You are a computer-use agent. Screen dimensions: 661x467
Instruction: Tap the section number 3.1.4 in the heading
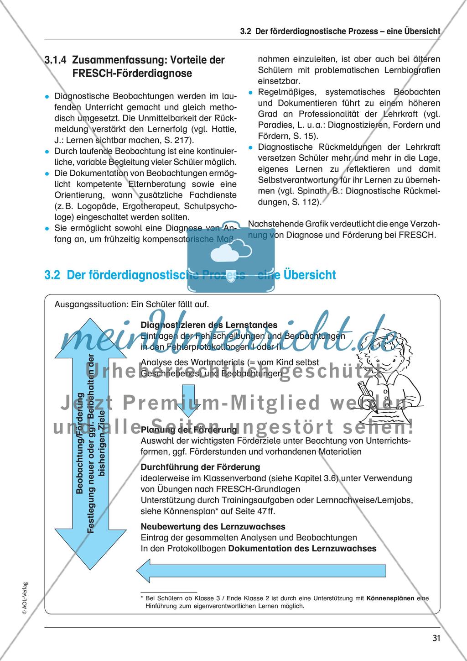click(56, 60)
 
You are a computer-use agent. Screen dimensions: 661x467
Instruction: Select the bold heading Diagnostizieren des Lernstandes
click(209, 325)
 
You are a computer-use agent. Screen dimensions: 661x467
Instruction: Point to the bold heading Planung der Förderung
click(189, 430)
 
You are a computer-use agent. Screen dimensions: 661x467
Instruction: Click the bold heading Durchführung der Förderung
click(200, 467)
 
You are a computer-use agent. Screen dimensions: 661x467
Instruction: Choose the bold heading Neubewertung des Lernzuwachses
click(213, 526)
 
